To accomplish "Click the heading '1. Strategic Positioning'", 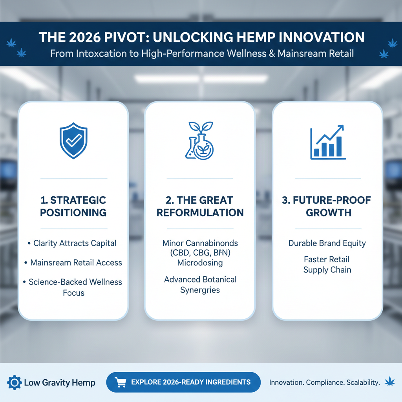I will click(x=73, y=206).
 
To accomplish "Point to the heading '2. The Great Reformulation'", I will click(x=200, y=206).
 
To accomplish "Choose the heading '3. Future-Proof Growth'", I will click(x=327, y=206).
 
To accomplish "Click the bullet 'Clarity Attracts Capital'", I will click(x=75, y=243).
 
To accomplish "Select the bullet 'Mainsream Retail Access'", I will click(x=76, y=262).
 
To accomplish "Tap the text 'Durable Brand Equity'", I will click(x=327, y=243).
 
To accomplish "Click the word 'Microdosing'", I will click(x=200, y=262).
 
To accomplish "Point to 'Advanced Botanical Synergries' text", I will click(x=200, y=285).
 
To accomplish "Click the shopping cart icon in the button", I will click(x=120, y=382).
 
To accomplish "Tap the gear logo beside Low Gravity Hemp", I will click(x=15, y=382).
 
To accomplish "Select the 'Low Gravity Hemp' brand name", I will click(x=59, y=382).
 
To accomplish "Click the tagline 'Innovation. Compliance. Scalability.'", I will click(x=324, y=382).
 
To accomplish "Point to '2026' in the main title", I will click(x=80, y=37).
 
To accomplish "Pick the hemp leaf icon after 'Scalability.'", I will click(x=390, y=381).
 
